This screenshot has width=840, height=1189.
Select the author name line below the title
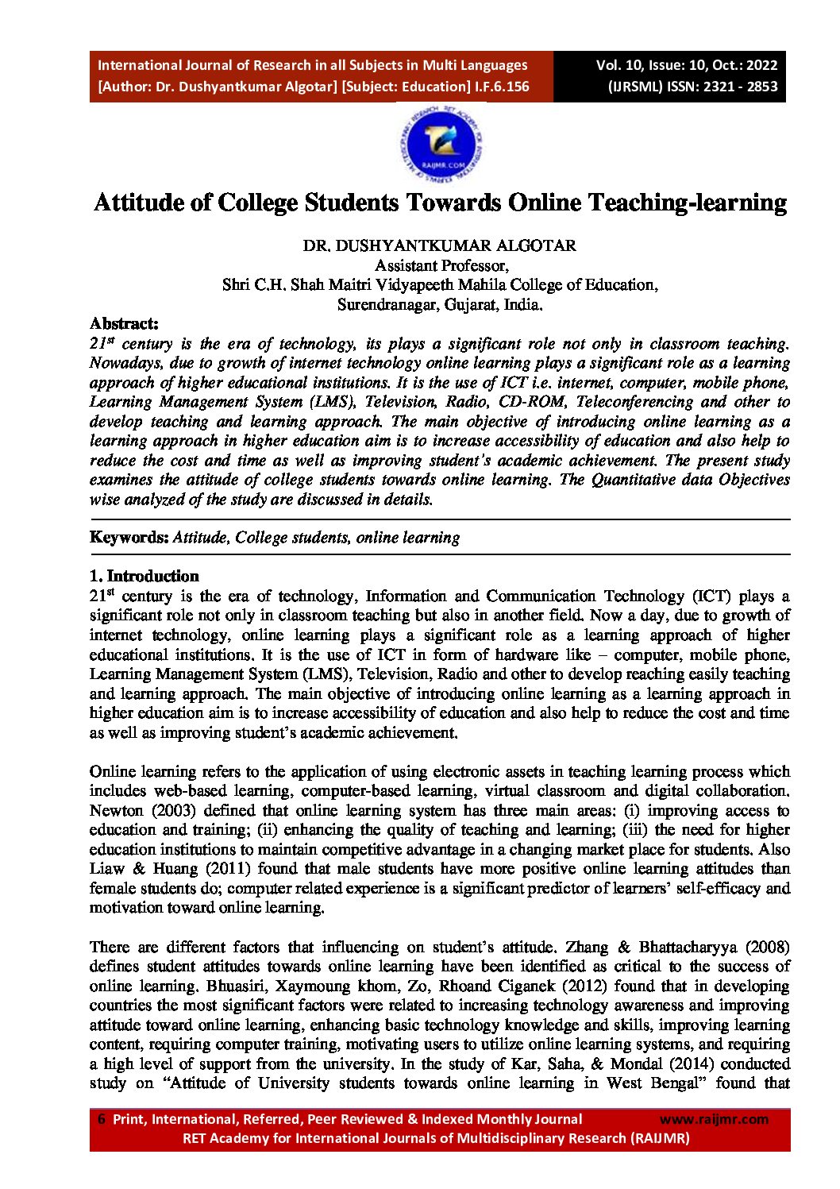click(x=440, y=245)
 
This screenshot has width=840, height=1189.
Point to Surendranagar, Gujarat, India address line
click(x=440, y=304)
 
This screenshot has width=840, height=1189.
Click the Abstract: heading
click(x=124, y=323)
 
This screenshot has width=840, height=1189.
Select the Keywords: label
click(x=129, y=537)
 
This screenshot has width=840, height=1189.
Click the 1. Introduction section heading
click(x=144, y=576)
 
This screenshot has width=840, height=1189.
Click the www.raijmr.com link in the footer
click(x=714, y=1119)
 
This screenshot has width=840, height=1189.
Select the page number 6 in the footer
click(x=101, y=1119)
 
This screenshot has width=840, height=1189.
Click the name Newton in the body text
click(x=116, y=810)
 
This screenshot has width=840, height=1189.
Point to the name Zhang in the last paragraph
click(x=586, y=947)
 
